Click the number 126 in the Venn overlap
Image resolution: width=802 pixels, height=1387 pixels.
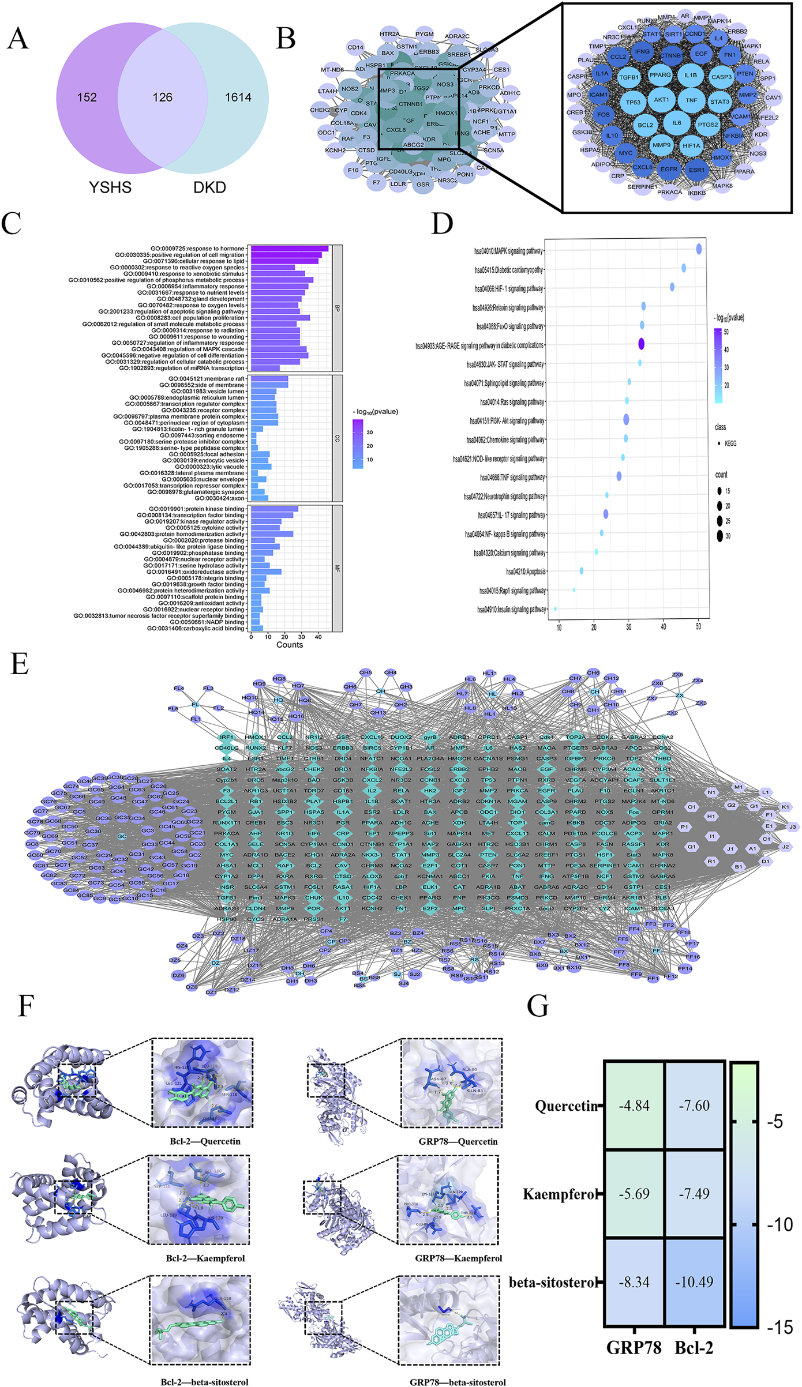click(162, 97)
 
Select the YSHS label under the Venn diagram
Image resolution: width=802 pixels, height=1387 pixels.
click(110, 187)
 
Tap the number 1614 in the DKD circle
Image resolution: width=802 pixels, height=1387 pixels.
click(238, 97)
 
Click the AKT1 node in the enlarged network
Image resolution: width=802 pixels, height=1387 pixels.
click(661, 100)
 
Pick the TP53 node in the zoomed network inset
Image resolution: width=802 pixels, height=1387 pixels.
click(633, 103)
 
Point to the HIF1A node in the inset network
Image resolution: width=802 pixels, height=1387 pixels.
click(691, 146)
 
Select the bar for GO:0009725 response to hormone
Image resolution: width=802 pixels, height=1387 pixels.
click(289, 249)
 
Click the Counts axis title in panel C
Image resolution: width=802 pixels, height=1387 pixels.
click(290, 645)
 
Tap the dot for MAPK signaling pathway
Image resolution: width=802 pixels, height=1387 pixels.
click(699, 249)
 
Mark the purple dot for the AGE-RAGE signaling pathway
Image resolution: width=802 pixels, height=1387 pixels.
click(641, 344)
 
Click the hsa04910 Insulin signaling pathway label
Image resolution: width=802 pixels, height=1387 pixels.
click(511, 609)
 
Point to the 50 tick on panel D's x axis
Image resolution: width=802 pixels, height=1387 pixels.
click(699, 626)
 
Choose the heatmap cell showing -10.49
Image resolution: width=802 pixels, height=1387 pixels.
click(694, 1282)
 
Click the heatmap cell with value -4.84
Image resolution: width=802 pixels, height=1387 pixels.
click(634, 1106)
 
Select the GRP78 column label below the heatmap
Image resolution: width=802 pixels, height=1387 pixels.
click(634, 1347)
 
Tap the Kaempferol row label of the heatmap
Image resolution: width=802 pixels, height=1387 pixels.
click(559, 1194)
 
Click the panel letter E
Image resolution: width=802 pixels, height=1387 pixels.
click(20, 664)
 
